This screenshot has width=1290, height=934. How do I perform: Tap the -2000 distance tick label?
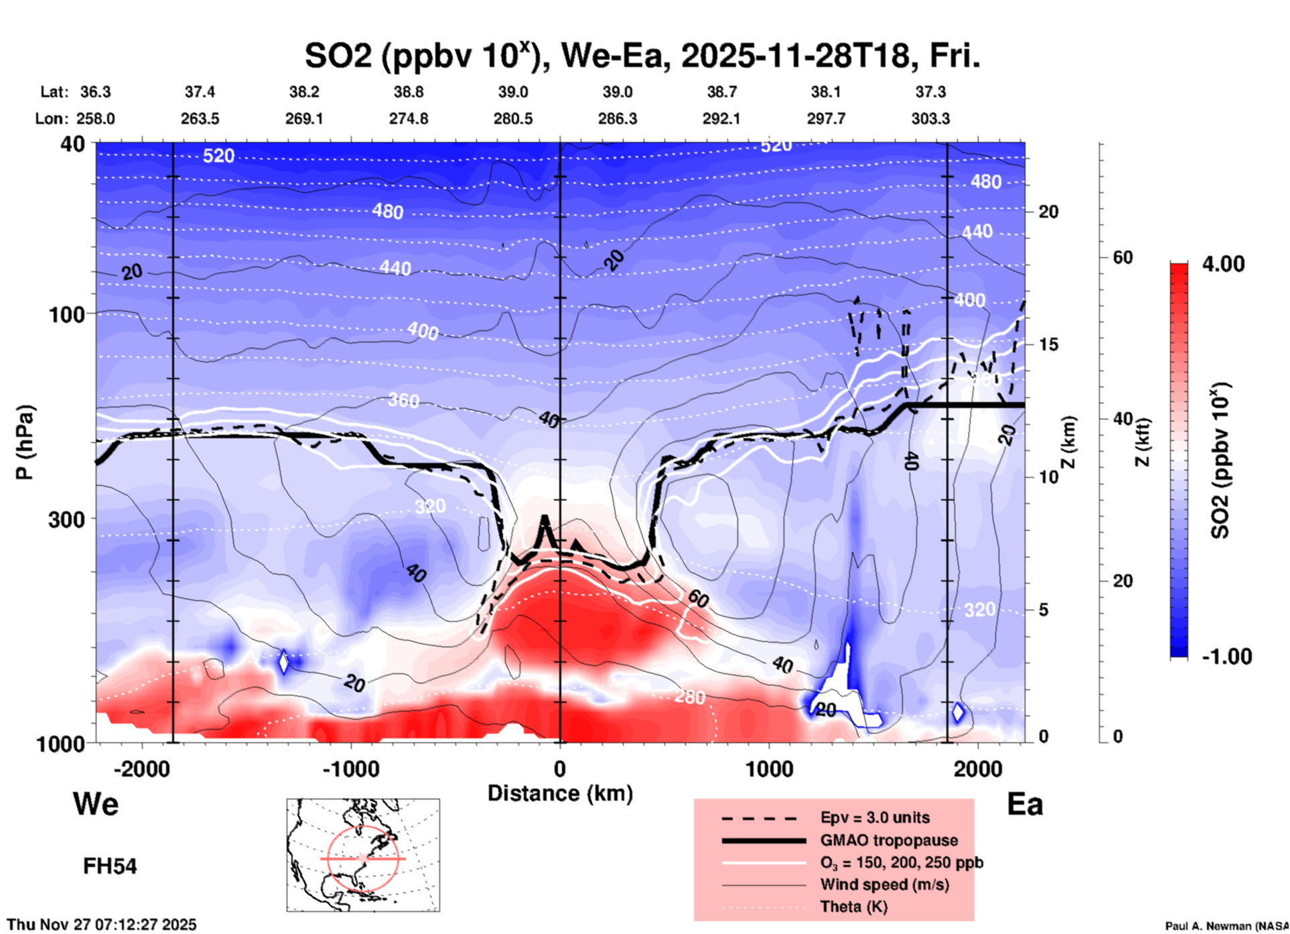coord(142,769)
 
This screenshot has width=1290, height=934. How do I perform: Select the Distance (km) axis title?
coord(560,793)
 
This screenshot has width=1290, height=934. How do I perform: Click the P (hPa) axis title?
coord(25,442)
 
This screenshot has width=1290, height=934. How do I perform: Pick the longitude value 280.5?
coord(513,119)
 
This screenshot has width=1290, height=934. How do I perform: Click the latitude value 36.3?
coord(95,92)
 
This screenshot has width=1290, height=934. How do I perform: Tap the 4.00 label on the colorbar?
coord(1223,264)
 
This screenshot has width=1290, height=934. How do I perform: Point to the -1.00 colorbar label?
coord(1226,657)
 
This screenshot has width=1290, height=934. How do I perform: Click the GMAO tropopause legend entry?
coord(889,840)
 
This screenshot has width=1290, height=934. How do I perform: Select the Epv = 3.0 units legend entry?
coord(875,817)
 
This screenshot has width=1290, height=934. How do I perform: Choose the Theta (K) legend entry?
coord(853,907)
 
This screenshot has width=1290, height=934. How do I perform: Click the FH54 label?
coord(110,866)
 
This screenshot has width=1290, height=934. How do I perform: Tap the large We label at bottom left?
coord(96,804)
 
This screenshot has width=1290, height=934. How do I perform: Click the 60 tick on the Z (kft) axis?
coord(1123,257)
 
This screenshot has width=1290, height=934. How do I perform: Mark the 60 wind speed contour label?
coord(698,598)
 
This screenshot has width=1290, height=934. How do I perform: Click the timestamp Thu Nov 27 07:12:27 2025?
coord(102,925)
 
